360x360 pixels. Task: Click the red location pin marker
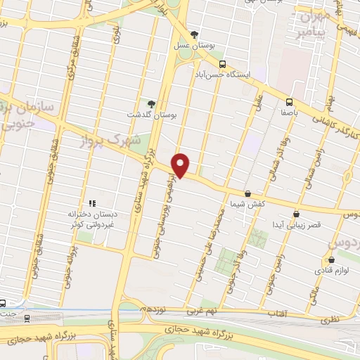[x=181, y=165]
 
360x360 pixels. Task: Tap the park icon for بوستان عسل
[x=195, y=34]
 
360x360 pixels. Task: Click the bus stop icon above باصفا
[x=290, y=101]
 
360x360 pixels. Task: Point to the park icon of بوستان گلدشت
[x=150, y=103]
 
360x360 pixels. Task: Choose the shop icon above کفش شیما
[x=247, y=193]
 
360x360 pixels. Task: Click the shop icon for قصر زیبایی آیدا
[x=296, y=214]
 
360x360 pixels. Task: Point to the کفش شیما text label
[x=247, y=204]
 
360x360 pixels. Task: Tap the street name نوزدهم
[x=152, y=309]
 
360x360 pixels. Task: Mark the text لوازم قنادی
[x=330, y=270]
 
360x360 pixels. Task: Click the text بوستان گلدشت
[x=150, y=113]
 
